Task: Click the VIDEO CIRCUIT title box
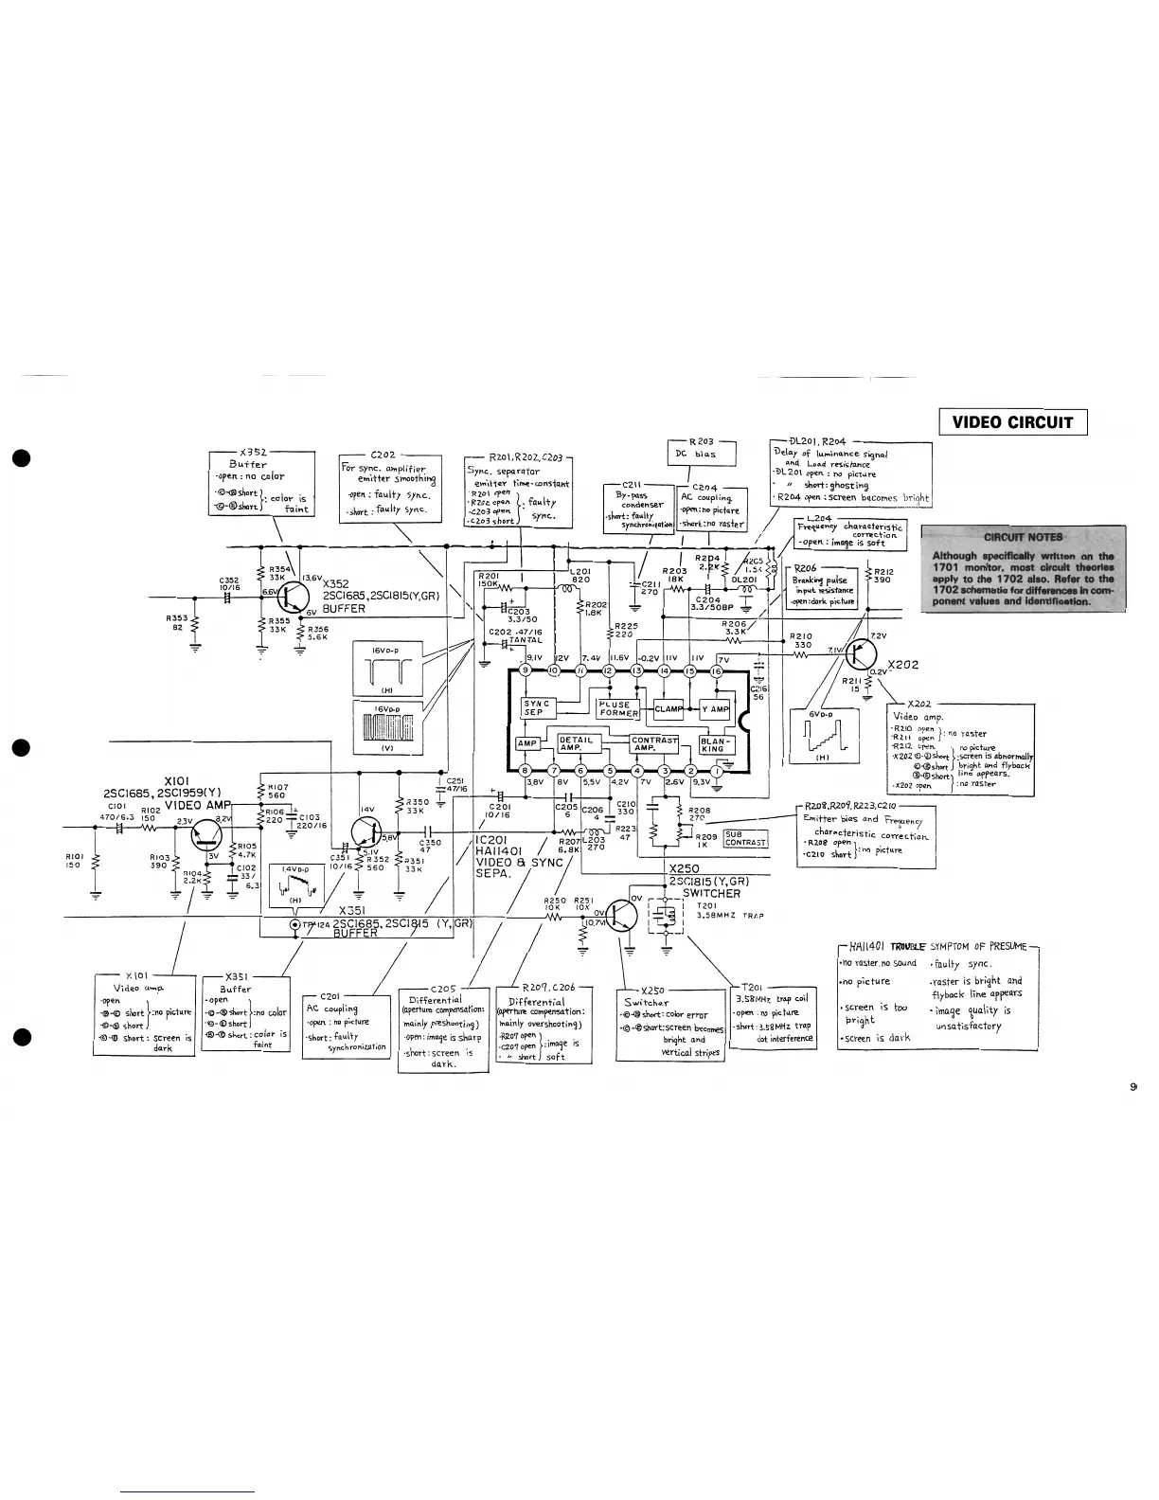coord(1012,422)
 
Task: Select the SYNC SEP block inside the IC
coord(536,707)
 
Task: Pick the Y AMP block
coord(715,709)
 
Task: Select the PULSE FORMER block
coord(617,709)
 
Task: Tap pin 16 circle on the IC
coord(716,671)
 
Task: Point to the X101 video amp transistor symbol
coord(205,834)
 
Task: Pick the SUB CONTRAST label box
coord(744,839)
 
